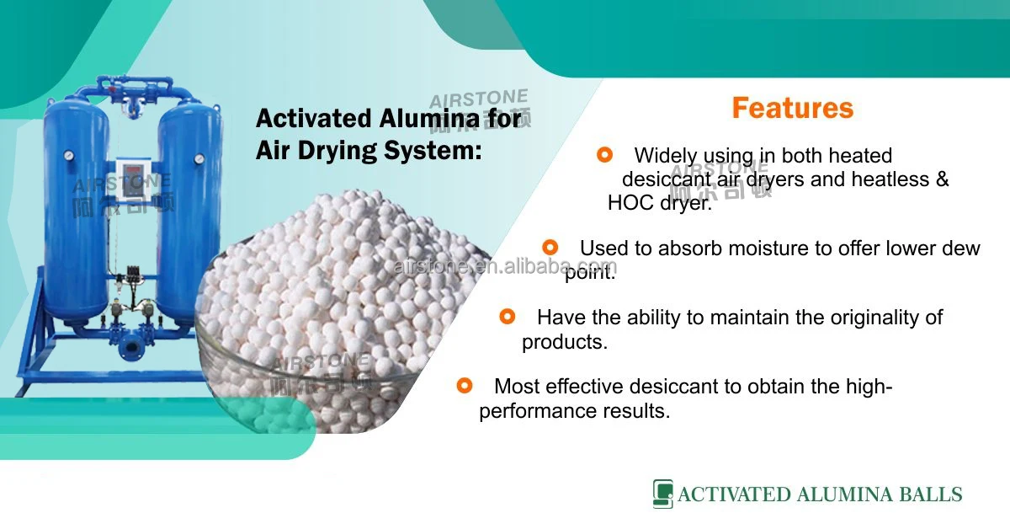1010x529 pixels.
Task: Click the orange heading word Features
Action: (792, 108)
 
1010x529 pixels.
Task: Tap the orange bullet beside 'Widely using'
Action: (603, 154)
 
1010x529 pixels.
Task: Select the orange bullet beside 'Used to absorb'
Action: (550, 247)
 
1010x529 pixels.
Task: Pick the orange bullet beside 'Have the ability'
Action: (507, 316)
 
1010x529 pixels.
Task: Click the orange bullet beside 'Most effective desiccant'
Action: (464, 385)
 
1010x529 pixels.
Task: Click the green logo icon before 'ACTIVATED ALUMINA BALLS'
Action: (662, 494)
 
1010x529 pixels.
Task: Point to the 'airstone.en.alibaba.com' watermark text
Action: (505, 267)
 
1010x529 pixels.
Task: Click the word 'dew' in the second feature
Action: (961, 248)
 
